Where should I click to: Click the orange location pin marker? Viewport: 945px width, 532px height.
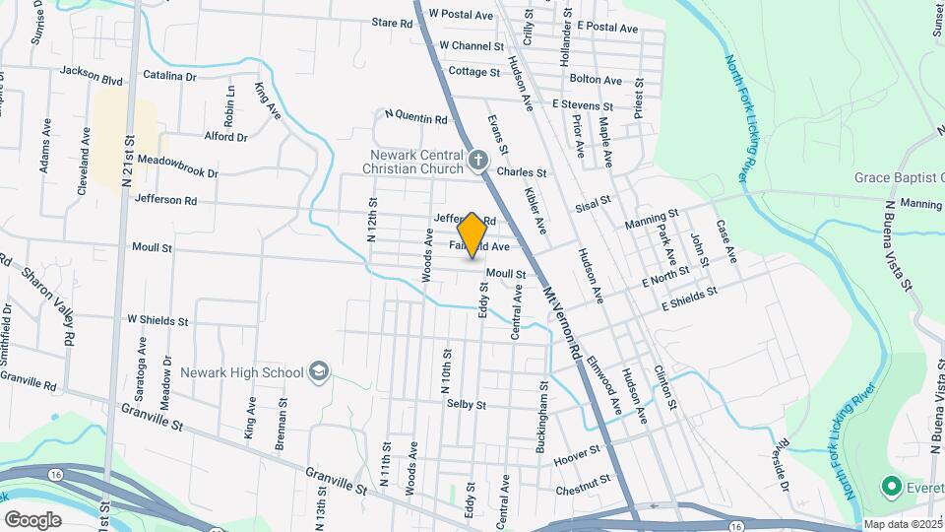(x=472, y=234)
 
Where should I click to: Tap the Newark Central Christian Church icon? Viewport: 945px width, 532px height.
(x=477, y=160)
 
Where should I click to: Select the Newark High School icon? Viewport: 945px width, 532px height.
(x=319, y=371)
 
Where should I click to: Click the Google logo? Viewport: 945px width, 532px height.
(x=32, y=519)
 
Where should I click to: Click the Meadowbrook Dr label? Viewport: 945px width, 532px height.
(x=177, y=165)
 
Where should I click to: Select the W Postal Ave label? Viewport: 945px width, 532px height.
(x=461, y=16)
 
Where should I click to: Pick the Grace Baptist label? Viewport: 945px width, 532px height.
(x=900, y=178)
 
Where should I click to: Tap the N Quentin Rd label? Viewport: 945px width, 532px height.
(x=415, y=119)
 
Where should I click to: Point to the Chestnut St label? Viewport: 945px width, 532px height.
(x=577, y=486)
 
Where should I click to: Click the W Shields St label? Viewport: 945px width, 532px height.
(x=157, y=321)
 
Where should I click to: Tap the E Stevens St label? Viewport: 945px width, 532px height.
(x=582, y=104)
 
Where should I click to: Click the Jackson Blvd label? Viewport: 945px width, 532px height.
(x=91, y=71)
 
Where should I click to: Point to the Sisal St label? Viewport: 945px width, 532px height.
(x=594, y=201)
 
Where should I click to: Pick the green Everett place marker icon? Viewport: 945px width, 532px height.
(x=892, y=487)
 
